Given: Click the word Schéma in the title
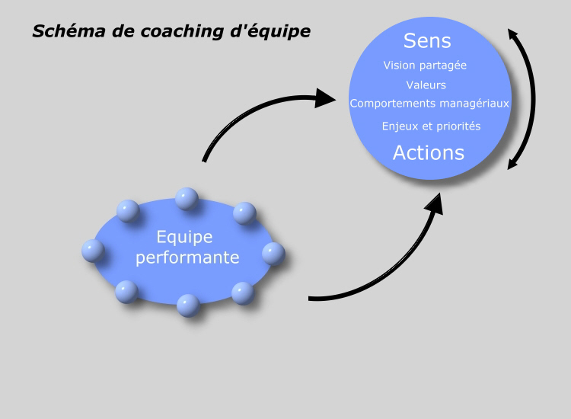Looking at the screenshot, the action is tap(69, 31).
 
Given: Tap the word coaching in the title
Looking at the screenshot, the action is tap(182, 32).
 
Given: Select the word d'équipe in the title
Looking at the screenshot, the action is tap(270, 32).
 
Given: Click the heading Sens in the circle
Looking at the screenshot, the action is tap(427, 40).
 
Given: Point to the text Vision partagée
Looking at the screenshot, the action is tap(425, 66).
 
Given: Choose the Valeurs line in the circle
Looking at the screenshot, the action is tap(426, 85).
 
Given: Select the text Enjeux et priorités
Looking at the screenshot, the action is tap(431, 126).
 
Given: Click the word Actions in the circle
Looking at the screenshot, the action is tap(429, 152).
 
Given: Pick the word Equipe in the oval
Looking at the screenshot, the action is tap(185, 238).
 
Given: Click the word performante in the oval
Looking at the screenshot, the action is tap(187, 257).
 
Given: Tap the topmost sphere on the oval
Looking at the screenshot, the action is tap(187, 199).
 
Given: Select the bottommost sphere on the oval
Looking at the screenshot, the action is tap(188, 305).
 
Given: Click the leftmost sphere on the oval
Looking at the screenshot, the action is tap(93, 251).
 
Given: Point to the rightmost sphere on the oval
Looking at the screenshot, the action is tap(273, 254).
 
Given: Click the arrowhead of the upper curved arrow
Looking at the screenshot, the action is tap(325, 98).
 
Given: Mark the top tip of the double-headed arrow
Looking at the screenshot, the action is tap(509, 30).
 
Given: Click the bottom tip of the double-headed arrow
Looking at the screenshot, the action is tap(509, 169).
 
